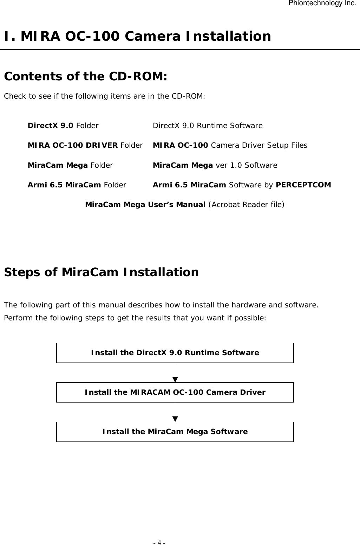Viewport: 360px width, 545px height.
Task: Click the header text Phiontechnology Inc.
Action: pyautogui.click(x=322, y=4)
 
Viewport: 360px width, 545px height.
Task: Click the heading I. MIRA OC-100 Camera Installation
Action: pyautogui.click(x=137, y=36)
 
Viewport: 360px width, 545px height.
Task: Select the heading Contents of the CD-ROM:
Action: pyautogui.click(x=85, y=76)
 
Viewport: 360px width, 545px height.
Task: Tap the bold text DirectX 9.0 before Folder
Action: pyautogui.click(x=51, y=126)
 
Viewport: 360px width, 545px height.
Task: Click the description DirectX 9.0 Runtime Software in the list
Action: pyautogui.click(x=208, y=126)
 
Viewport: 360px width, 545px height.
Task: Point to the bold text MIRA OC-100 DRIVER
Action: pyautogui.click(x=73, y=145)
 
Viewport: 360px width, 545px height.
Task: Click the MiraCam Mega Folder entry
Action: pyautogui.click(x=70, y=165)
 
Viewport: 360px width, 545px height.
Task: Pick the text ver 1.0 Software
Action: pyautogui.click(x=246, y=165)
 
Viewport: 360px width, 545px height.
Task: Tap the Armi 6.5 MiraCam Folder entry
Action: pyautogui.click(x=77, y=185)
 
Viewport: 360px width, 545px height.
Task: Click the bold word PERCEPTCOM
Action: pyautogui.click(x=303, y=185)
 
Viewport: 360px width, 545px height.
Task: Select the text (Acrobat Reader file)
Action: pyautogui.click(x=246, y=204)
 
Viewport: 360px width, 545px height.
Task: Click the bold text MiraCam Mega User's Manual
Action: pyautogui.click(x=145, y=204)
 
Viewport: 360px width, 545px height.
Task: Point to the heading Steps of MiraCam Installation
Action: pyautogui.click(x=101, y=272)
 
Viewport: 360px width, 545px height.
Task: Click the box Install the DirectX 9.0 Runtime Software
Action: pyautogui.click(x=175, y=353)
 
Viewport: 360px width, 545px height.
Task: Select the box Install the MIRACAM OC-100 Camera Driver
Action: pyautogui.click(x=175, y=392)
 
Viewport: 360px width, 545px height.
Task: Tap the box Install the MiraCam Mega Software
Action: pyautogui.click(x=175, y=432)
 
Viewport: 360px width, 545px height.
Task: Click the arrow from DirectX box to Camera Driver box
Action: pyautogui.click(x=175, y=373)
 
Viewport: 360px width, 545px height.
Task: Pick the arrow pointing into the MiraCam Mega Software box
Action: pyautogui.click(x=175, y=412)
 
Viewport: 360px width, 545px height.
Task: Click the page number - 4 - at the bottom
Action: pyautogui.click(x=159, y=543)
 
